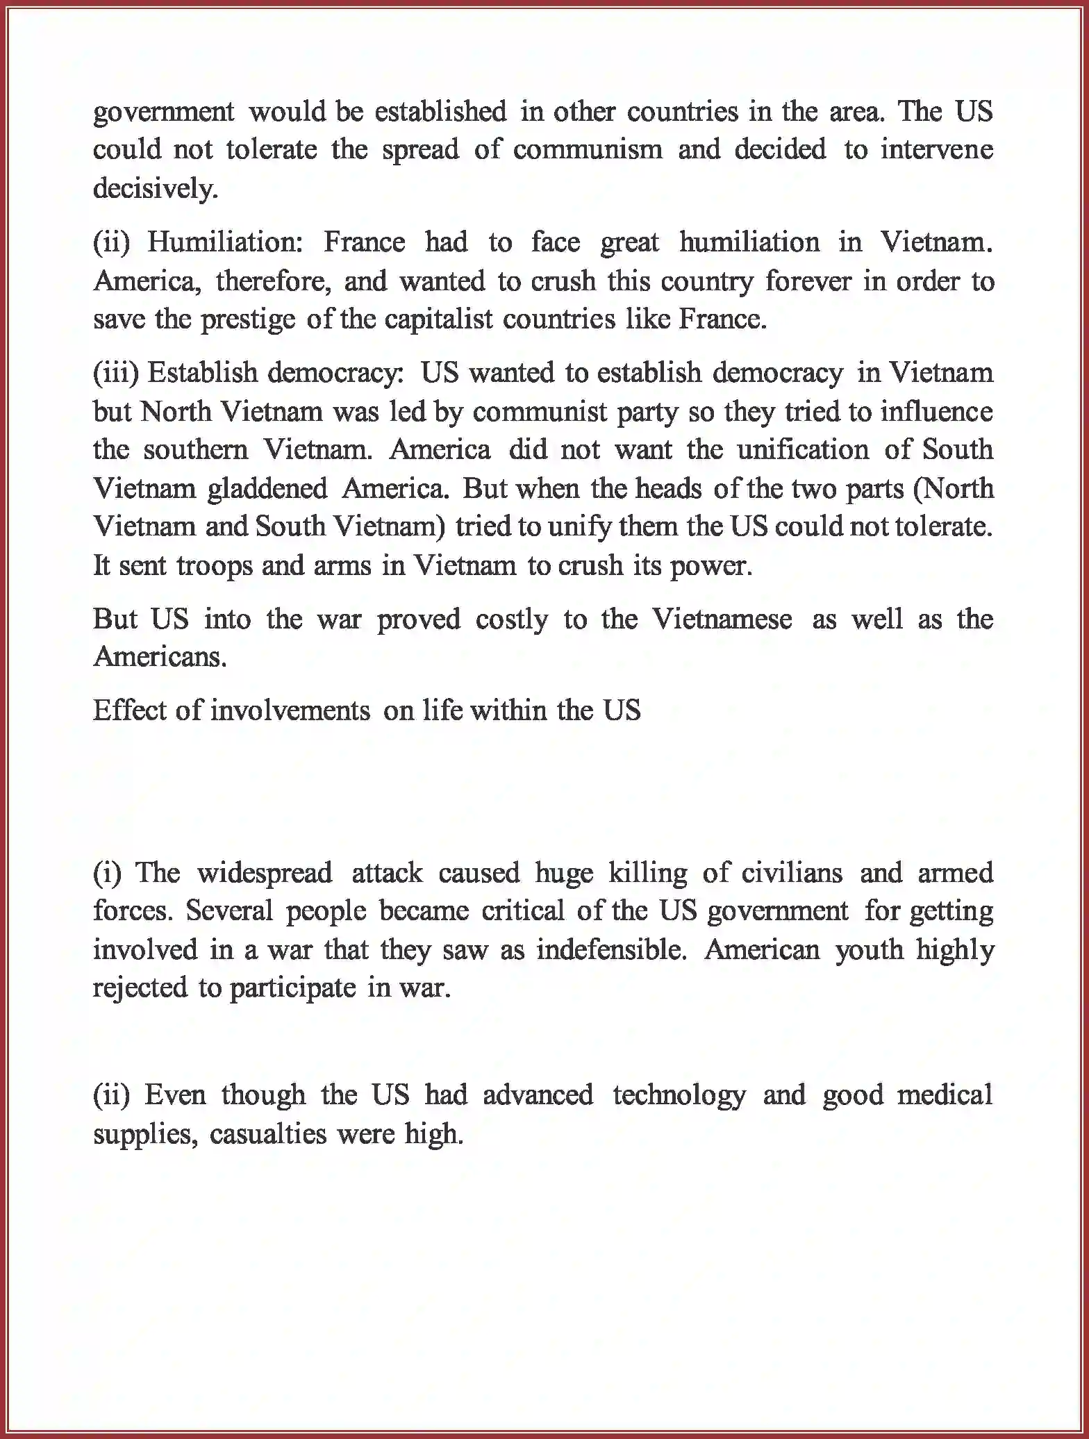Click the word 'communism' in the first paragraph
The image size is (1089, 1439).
(588, 150)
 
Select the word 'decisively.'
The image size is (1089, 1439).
(156, 189)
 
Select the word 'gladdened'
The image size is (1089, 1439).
(267, 489)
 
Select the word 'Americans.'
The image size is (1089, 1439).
(160, 657)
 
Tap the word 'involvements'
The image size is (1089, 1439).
(290, 710)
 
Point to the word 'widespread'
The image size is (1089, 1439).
(264, 873)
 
